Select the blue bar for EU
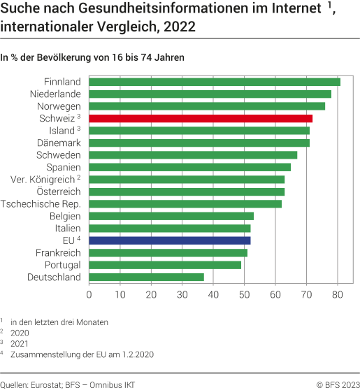[170, 240]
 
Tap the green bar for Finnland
[215, 82]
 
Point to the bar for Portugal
[165, 265]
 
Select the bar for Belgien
[171, 216]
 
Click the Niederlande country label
[55, 94]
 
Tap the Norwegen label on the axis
[59, 106]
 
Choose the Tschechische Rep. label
[41, 204]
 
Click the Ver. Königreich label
[43, 180]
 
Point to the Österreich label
[59, 192]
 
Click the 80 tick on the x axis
[337, 295]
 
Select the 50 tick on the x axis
[244, 295]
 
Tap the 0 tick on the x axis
[89, 295]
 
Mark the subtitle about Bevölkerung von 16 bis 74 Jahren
[92, 57]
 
